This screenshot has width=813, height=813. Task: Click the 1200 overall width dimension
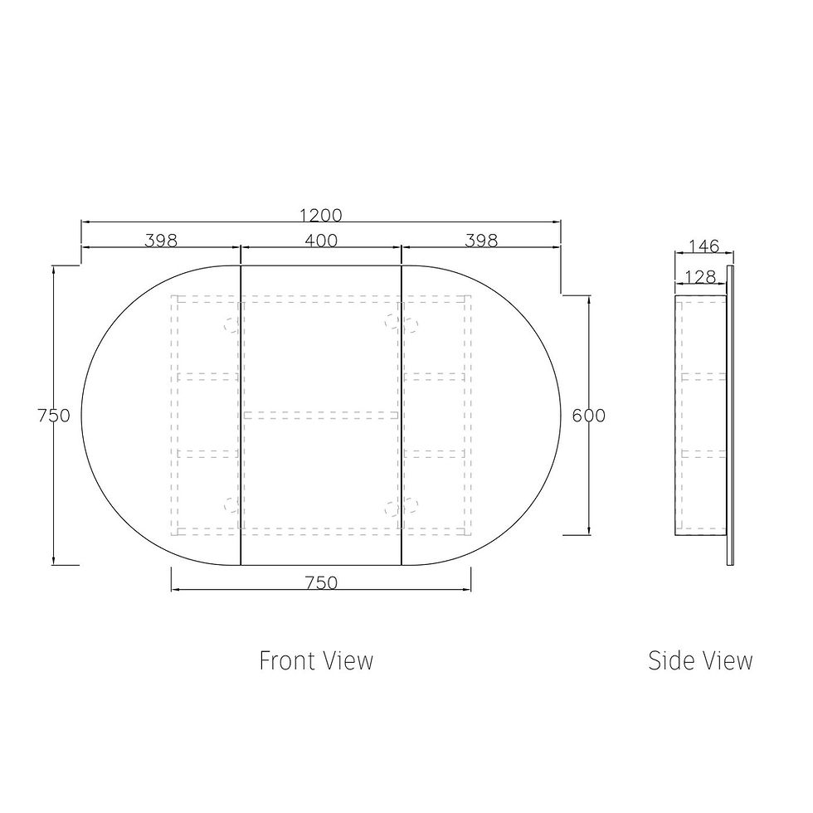click(x=321, y=215)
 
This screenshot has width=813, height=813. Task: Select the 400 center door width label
click(x=321, y=241)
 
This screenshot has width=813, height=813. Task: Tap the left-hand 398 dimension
click(x=161, y=241)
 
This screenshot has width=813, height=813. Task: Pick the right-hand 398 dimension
click(x=481, y=241)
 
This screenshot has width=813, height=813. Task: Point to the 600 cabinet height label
click(x=588, y=416)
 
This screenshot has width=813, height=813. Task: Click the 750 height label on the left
click(x=54, y=416)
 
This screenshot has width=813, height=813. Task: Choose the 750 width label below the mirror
click(x=321, y=582)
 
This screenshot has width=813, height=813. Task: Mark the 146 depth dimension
click(x=704, y=246)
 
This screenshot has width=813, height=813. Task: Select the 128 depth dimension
click(x=700, y=277)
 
